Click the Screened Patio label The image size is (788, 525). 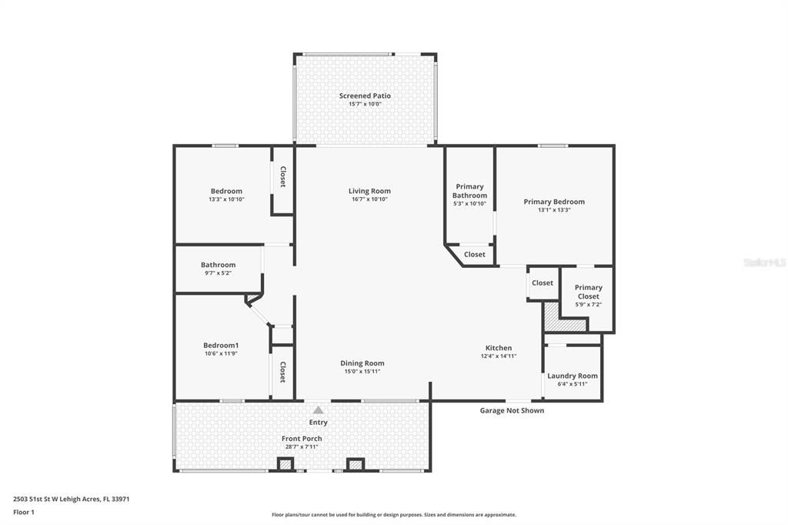point(365,96)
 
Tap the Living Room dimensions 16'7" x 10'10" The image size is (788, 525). point(369,199)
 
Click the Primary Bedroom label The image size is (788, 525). point(554,202)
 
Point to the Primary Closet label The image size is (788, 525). point(589,292)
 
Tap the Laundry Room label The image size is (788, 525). point(572,376)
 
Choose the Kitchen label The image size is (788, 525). point(498,348)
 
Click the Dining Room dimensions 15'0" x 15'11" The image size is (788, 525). point(362,371)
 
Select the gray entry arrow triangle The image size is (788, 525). point(318,410)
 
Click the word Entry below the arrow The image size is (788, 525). point(318,422)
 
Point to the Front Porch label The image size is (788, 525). point(302,439)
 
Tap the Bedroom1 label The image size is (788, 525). point(221,346)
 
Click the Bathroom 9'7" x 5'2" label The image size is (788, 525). point(218,273)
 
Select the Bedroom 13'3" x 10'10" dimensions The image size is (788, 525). point(226,199)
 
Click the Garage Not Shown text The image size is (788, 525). point(512,410)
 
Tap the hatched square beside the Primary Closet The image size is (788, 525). point(553,317)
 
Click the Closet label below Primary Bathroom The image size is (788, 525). point(475,254)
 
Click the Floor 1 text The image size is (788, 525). point(24,512)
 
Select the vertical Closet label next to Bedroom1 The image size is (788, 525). point(282,373)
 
